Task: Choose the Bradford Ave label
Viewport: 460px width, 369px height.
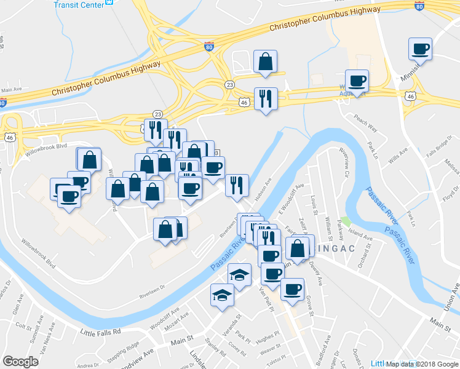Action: click(328, 348)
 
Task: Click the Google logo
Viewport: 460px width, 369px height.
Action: click(20, 362)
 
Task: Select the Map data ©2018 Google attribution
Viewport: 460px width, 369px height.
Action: click(422, 363)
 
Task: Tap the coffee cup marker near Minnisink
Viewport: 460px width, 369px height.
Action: click(421, 49)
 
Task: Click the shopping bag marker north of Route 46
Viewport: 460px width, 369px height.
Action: click(265, 62)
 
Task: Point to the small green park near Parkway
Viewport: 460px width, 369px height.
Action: click(346, 220)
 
